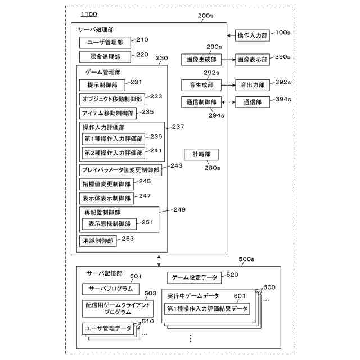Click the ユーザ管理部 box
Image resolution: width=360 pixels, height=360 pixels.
click(x=105, y=42)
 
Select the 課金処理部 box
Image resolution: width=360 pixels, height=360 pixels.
click(x=105, y=56)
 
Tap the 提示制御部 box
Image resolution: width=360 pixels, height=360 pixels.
click(x=102, y=85)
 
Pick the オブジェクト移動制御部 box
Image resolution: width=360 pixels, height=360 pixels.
click(x=112, y=99)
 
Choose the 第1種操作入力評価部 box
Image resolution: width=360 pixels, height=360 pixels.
click(x=114, y=138)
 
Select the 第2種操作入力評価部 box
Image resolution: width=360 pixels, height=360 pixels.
click(x=114, y=152)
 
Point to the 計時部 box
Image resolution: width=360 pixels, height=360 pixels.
click(x=201, y=154)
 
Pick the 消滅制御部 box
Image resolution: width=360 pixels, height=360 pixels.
click(x=98, y=241)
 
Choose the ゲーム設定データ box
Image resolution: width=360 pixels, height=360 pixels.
click(x=193, y=277)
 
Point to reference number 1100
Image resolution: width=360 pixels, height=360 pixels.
click(x=89, y=13)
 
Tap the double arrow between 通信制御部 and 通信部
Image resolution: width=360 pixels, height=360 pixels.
click(x=228, y=102)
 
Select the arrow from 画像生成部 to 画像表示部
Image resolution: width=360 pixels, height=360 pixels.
click(x=227, y=58)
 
